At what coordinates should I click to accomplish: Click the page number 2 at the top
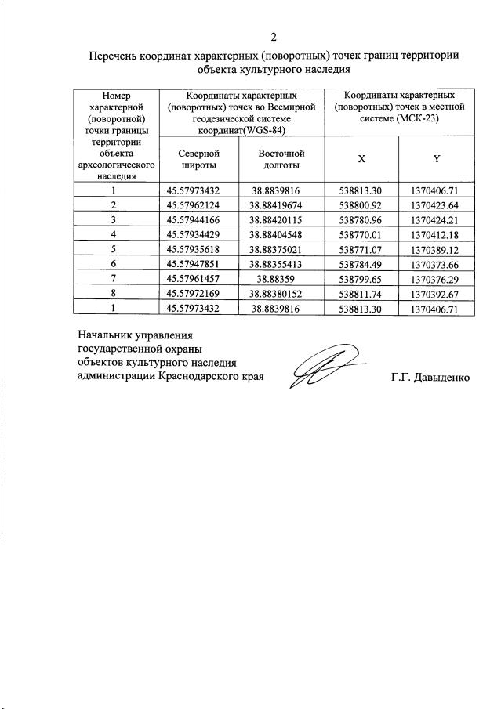pyautogui.click(x=274, y=37)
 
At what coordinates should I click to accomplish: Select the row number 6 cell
pyautogui.click(x=114, y=263)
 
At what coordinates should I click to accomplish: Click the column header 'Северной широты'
pyautogui.click(x=198, y=159)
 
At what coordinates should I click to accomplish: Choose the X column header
pyautogui.click(x=361, y=159)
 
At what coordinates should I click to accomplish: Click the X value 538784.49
pyautogui.click(x=361, y=263)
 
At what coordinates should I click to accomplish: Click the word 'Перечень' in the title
pyautogui.click(x=118, y=56)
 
